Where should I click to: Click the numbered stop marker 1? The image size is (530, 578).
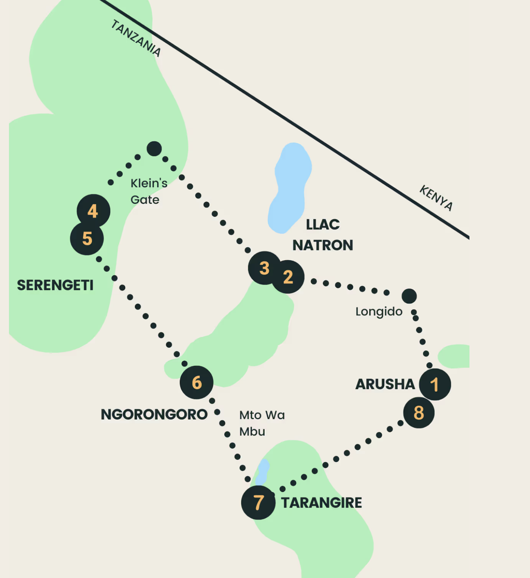[x=435, y=384]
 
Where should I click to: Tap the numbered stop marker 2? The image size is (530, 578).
[x=288, y=277]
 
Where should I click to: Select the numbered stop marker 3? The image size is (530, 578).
[x=264, y=268]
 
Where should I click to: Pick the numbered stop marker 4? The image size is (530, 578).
[x=93, y=211]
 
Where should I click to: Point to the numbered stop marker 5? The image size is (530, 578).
[x=87, y=239]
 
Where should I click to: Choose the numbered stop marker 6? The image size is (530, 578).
[x=197, y=382]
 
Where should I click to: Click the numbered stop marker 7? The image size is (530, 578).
[x=258, y=502]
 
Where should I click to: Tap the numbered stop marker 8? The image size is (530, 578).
[x=419, y=413]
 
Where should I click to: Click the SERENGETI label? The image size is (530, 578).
[x=55, y=285]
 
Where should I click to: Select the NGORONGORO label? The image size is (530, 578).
[x=154, y=414]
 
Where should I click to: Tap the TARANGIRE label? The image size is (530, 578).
[x=321, y=503]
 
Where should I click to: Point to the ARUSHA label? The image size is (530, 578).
[x=385, y=384]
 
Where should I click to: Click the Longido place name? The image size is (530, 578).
[x=379, y=311]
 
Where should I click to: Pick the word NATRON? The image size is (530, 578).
[x=323, y=245]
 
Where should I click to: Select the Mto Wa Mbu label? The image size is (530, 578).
[x=262, y=423]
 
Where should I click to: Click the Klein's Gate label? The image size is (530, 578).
[x=149, y=191]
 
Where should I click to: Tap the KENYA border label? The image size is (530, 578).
[x=436, y=198]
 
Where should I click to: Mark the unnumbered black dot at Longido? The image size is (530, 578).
[x=409, y=296]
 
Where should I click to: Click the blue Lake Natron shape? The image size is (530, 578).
[x=290, y=187]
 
